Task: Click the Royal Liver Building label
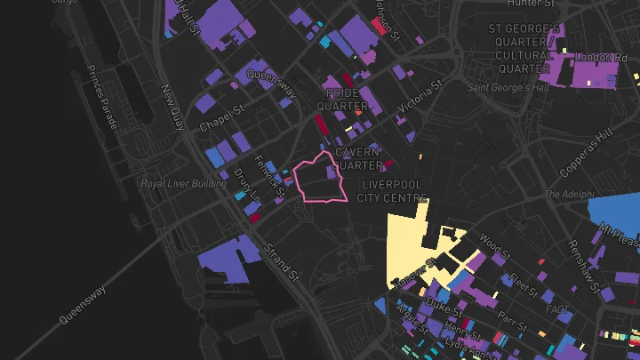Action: coord(184,184)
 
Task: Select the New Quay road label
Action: coord(171,106)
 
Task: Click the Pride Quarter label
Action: coord(348,100)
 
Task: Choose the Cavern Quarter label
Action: coord(358,158)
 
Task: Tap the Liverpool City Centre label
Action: coord(394,190)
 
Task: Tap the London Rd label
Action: coord(596,58)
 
